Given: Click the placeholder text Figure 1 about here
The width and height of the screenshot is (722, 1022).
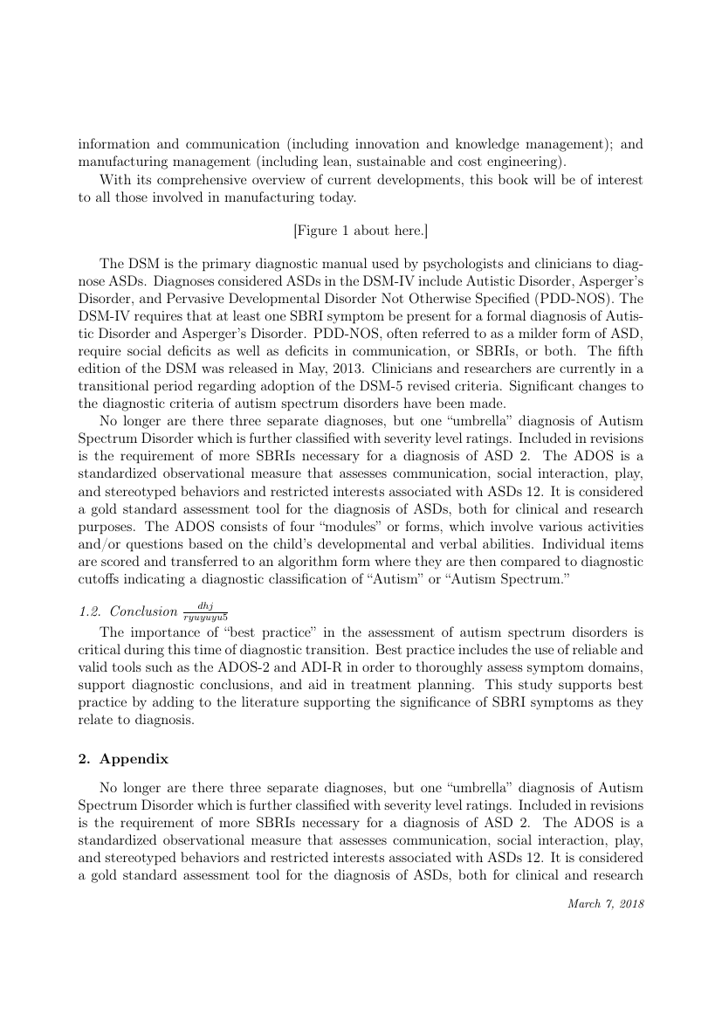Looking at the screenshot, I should coord(361,231).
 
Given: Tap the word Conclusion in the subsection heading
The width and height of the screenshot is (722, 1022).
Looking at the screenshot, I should coord(144,611).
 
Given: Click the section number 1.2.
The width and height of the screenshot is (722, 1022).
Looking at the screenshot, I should coord(89,611).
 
